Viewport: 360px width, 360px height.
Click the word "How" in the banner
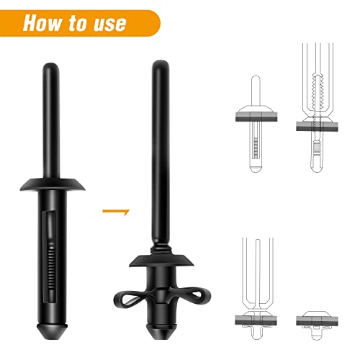click(x=42, y=23)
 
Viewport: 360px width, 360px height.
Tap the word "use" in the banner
click(x=110, y=24)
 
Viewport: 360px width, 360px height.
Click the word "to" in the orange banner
click(x=78, y=23)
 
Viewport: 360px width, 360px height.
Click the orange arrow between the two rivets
click(x=116, y=212)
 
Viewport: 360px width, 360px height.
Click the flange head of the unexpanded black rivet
click(x=53, y=184)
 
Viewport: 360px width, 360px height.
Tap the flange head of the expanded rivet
click(x=161, y=261)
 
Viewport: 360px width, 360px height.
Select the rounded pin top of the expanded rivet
click(x=161, y=65)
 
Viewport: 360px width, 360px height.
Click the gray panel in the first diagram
click(x=256, y=117)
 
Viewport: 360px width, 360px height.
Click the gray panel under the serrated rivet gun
click(x=317, y=126)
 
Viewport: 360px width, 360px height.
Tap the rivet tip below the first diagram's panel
click(x=256, y=168)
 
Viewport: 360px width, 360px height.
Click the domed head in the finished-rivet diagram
click(x=317, y=314)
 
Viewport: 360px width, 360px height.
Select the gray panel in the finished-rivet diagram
click(x=317, y=321)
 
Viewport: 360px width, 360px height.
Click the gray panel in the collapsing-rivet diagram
click(x=256, y=320)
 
